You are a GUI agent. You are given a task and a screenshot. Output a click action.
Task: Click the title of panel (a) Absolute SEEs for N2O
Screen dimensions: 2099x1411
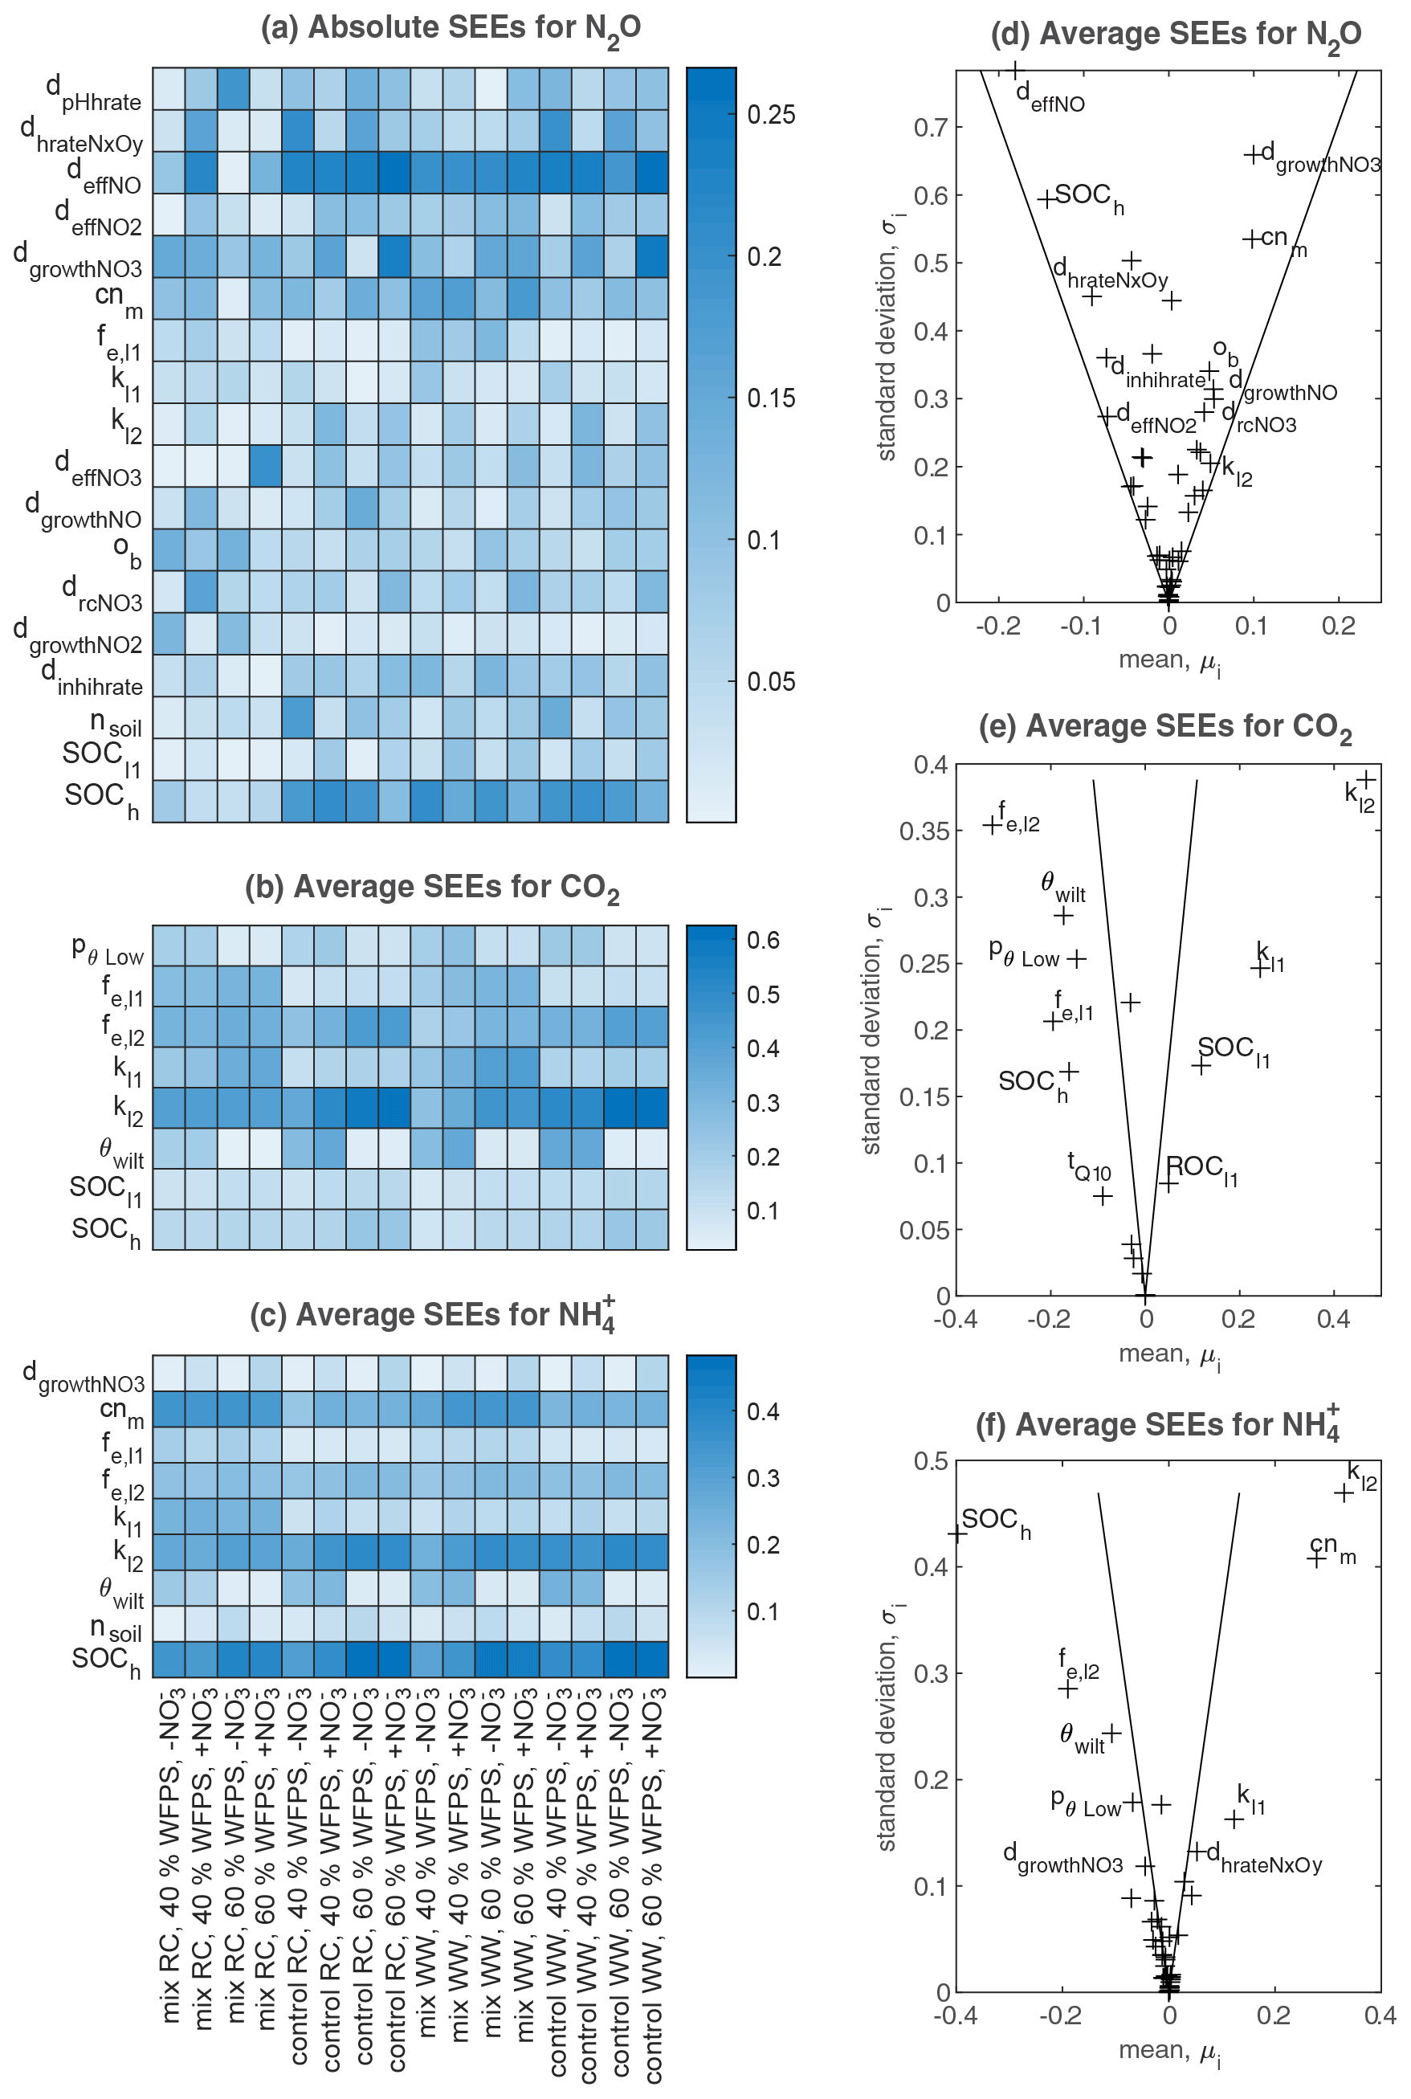pyautogui.click(x=451, y=29)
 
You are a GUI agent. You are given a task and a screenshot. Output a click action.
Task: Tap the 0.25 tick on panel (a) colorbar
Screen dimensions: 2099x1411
pyautogui.click(x=771, y=114)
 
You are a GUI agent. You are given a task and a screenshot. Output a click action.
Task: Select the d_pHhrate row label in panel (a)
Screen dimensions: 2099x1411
pyautogui.click(x=94, y=94)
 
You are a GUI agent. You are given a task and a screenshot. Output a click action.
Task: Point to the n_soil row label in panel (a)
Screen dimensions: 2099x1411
pyautogui.click(x=115, y=724)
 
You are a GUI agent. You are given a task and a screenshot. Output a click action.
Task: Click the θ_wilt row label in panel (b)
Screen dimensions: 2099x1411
pyautogui.click(x=120, y=1152)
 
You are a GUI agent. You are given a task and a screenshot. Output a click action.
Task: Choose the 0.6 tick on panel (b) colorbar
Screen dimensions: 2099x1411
pyautogui.click(x=762, y=941)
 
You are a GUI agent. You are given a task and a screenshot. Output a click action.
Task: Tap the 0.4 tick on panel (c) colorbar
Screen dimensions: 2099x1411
pyautogui.click(x=762, y=1411)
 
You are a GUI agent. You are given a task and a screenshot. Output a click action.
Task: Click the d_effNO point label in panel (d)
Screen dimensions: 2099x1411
pyautogui.click(x=1050, y=98)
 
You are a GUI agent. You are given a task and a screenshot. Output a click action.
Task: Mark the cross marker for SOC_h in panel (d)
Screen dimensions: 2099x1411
pyautogui.click(x=1046, y=199)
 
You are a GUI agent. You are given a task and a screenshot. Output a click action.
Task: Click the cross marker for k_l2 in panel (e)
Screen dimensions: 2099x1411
pyautogui.click(x=1367, y=779)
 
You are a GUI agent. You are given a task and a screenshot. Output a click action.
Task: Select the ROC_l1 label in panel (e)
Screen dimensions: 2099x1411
pyautogui.click(x=1202, y=1170)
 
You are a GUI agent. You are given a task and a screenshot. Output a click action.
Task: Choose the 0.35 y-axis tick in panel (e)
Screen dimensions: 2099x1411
pyautogui.click(x=924, y=831)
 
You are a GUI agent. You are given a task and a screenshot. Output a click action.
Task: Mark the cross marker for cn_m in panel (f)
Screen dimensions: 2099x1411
pyautogui.click(x=1316, y=1558)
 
